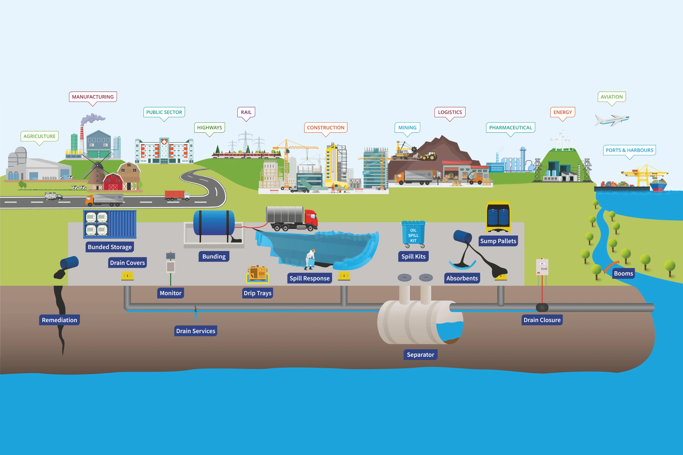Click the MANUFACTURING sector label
[x=93, y=97]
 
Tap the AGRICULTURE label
[x=39, y=136]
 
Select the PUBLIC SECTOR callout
[x=164, y=112]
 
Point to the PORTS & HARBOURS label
[x=629, y=150]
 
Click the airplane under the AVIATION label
[x=611, y=120]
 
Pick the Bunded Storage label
[x=110, y=247]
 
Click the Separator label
[x=420, y=355]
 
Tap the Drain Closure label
[x=542, y=320]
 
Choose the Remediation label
[x=59, y=320]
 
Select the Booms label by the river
[x=623, y=273]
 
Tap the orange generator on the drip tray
[x=257, y=273]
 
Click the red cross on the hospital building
[x=164, y=142]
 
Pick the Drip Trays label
[x=257, y=293]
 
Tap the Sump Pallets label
[x=498, y=241]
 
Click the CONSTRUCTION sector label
[x=325, y=128]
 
